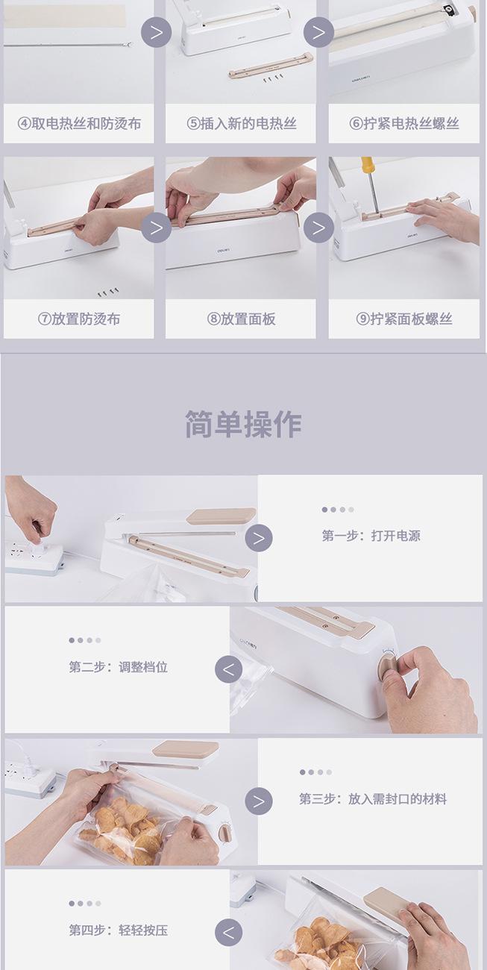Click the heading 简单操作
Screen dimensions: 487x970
[x=243, y=425]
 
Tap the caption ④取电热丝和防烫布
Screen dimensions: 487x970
[x=79, y=124]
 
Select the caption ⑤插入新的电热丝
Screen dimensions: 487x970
[x=242, y=124]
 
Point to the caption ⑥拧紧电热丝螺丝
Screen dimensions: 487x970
[x=404, y=124]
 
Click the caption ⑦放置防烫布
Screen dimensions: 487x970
[x=79, y=319]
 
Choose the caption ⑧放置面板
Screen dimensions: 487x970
[x=242, y=319]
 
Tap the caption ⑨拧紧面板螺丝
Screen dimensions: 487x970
[x=404, y=319]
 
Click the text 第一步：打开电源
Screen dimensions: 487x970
[x=371, y=536]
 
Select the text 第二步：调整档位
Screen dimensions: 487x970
[x=118, y=667]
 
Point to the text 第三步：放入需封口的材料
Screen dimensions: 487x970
[x=373, y=799]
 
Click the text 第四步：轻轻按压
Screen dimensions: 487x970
[x=118, y=930]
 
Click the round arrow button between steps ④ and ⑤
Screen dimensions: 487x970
[x=157, y=32]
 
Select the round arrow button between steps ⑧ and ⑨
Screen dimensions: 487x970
[x=318, y=228]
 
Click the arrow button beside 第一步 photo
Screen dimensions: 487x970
[x=259, y=538]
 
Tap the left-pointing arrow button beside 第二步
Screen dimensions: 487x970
[x=228, y=669]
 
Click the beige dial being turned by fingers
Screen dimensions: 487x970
[x=387, y=668]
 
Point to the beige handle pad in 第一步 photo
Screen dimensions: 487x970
[x=221, y=516]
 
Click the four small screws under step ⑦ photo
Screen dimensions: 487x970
[x=108, y=292]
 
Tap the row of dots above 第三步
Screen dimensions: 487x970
[x=315, y=772]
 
